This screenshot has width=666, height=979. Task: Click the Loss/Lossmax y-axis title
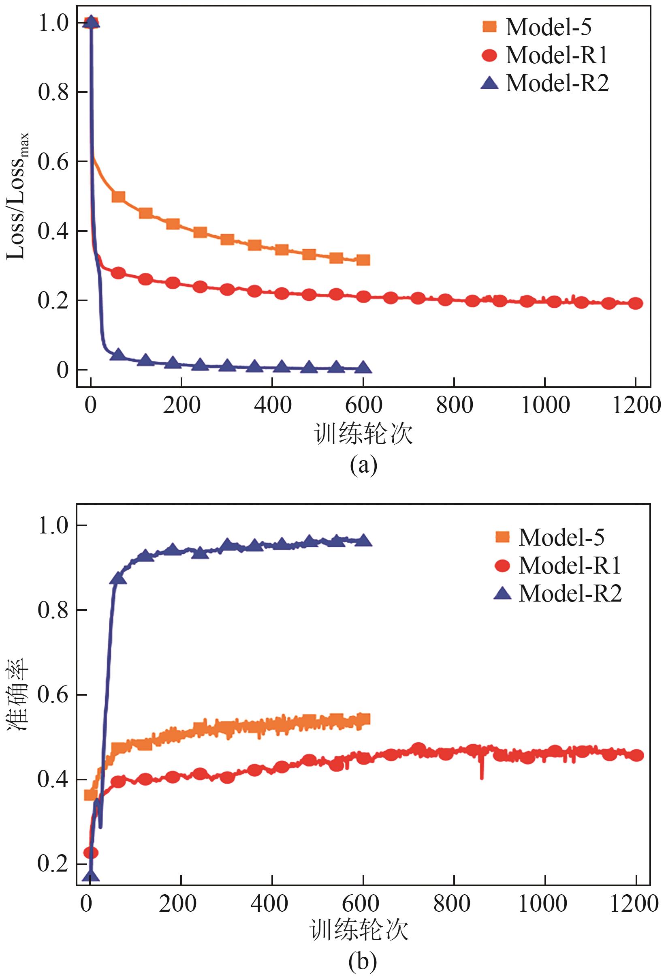coord(18,196)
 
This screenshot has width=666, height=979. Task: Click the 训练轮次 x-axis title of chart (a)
coord(363,434)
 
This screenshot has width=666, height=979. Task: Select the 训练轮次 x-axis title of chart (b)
coord(359,930)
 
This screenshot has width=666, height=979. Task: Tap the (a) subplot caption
coord(363,465)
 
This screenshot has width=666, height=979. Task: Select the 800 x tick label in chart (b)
coord(452,903)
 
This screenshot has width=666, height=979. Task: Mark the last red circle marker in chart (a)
coord(636,303)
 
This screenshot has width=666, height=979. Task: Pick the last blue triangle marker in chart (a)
coord(363,367)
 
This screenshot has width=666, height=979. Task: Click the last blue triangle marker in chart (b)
coord(363,541)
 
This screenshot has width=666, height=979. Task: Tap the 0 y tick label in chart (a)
coord(63,370)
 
